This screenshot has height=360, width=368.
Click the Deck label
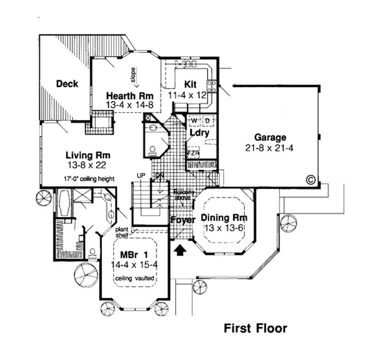click(67, 84)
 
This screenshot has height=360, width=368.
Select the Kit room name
click(190, 84)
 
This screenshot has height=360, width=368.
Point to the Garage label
click(271, 137)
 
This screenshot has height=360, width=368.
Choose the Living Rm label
click(87, 155)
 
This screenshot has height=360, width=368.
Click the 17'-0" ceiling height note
click(89, 178)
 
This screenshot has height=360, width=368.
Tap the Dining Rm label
click(224, 218)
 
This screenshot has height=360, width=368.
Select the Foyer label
click(183, 220)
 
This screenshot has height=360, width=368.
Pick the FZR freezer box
click(192, 153)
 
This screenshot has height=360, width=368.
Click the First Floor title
click(255, 328)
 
